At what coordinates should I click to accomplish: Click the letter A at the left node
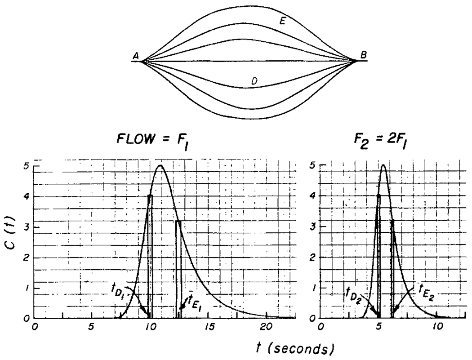135,56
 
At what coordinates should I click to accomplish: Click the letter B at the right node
363,55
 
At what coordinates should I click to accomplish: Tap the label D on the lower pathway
254,81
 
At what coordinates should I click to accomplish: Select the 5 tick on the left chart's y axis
27,166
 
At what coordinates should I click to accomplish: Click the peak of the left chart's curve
160,166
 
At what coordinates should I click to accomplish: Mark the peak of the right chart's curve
383,165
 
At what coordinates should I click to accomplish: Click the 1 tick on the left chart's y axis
27,288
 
